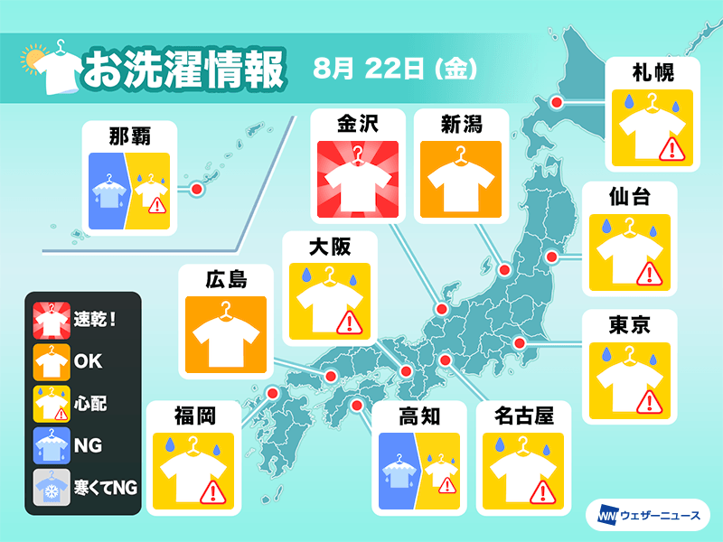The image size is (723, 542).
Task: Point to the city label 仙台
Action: pyautogui.click(x=630, y=195)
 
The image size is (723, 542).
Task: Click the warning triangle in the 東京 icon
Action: pyautogui.click(x=647, y=400)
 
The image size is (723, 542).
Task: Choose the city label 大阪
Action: pyautogui.click(x=329, y=246)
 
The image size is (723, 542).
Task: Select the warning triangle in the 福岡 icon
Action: pyautogui.click(x=211, y=491)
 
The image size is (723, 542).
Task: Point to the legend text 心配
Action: pyautogui.click(x=91, y=403)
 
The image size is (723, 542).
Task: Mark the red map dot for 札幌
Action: pyautogui.click(x=557, y=103)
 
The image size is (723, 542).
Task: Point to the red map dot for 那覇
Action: pyautogui.click(x=195, y=190)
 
